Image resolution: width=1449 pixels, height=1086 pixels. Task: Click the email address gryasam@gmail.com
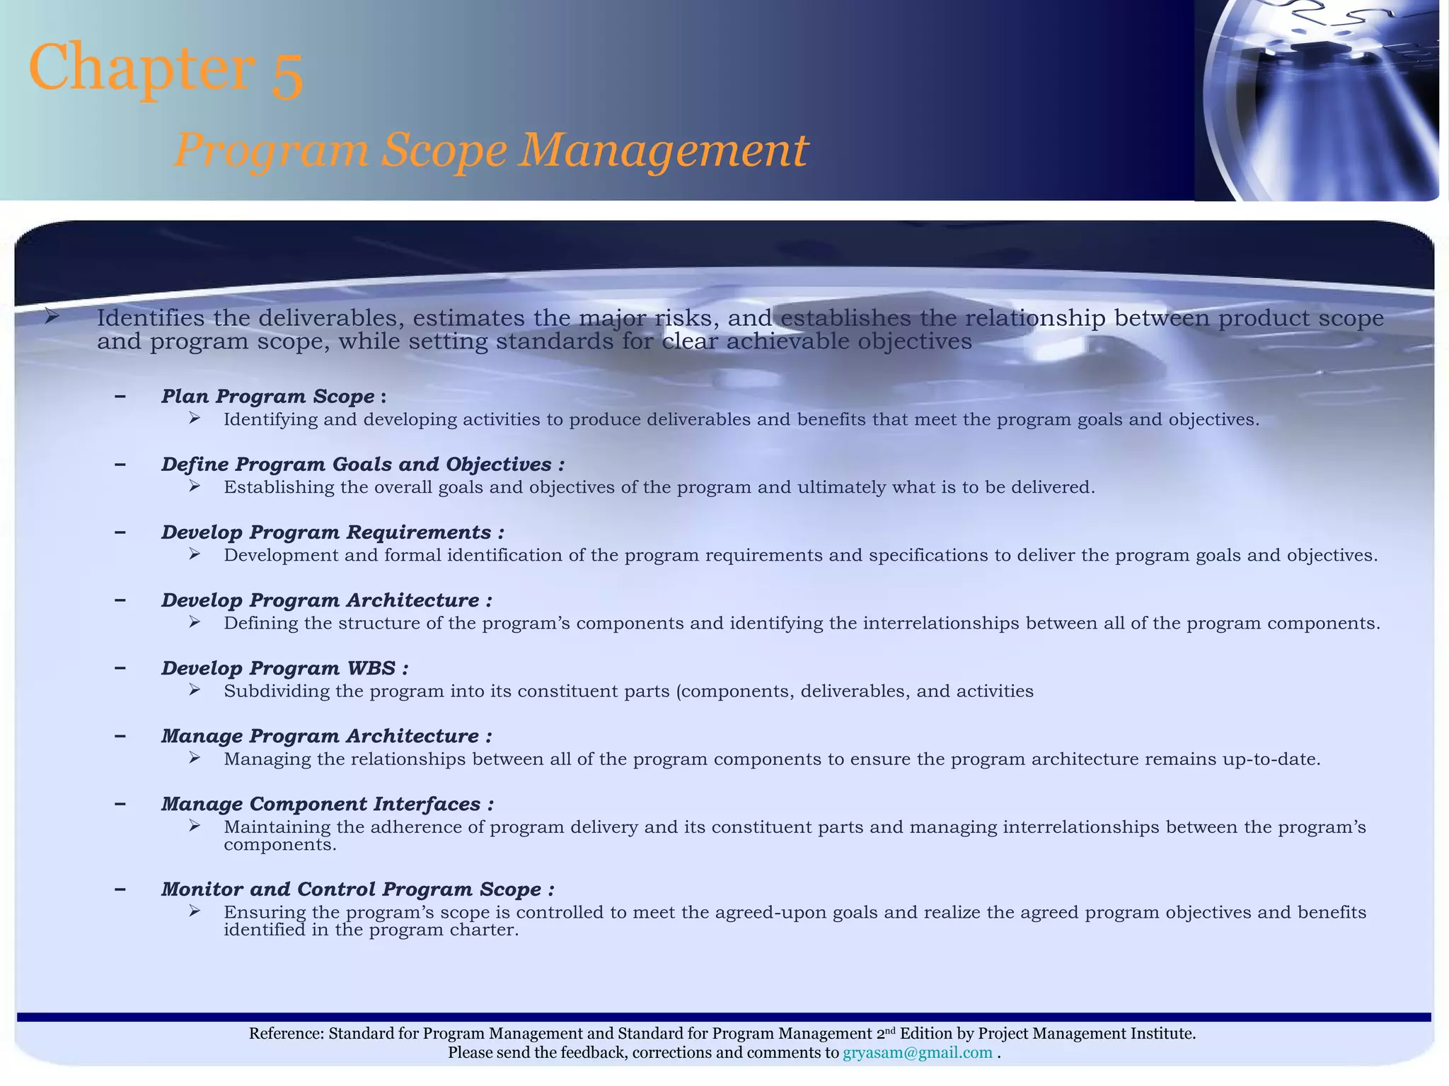(x=917, y=1053)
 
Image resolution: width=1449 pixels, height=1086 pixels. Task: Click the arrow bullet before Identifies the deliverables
(x=52, y=317)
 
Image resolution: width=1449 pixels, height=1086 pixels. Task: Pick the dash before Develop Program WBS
(x=120, y=667)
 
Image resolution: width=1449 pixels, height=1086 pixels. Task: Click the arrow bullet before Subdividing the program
(x=195, y=689)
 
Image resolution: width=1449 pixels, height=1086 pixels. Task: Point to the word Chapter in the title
(x=142, y=67)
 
